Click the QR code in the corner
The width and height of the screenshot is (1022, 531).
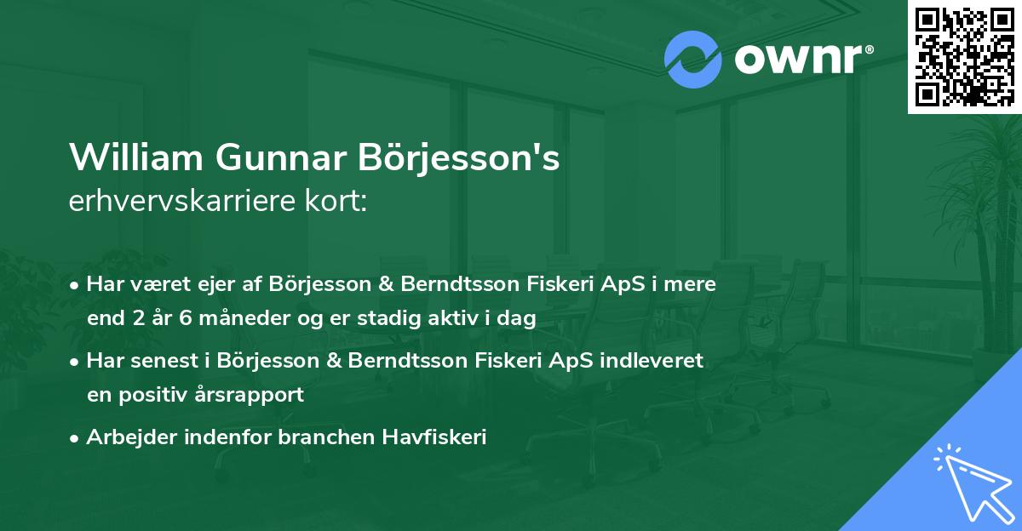coord(964,56)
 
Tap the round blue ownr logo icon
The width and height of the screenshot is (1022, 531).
coord(693,60)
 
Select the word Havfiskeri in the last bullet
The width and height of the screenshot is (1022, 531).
coord(441,437)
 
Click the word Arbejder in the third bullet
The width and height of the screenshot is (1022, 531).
coord(123,437)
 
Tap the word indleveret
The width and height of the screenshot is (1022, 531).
coord(656,361)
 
